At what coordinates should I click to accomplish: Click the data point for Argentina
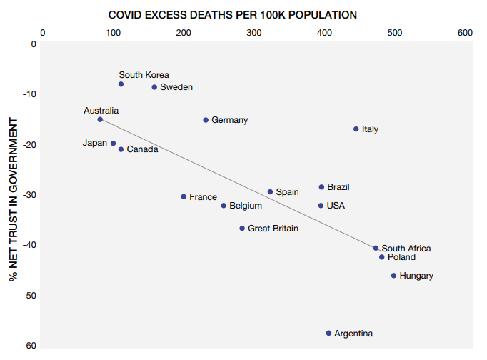click(x=328, y=333)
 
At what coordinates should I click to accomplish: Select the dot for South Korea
click(x=121, y=84)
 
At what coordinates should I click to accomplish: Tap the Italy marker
click(x=356, y=129)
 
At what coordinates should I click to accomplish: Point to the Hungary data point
click(x=393, y=276)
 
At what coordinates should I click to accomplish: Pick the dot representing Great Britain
click(x=242, y=229)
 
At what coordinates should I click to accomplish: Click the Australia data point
click(x=100, y=119)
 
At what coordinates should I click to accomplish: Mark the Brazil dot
click(x=321, y=187)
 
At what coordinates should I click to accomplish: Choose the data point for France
click(x=184, y=196)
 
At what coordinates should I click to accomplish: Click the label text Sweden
click(x=176, y=87)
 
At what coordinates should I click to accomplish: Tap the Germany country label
click(x=229, y=120)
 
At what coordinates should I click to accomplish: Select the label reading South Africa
click(x=406, y=249)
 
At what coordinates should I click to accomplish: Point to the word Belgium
click(x=246, y=206)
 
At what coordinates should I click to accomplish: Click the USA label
click(x=336, y=206)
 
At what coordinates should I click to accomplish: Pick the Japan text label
click(x=94, y=143)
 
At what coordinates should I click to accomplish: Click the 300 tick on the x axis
click(x=253, y=32)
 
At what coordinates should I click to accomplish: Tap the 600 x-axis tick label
click(x=465, y=32)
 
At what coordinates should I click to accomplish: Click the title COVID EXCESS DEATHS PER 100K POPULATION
click(x=233, y=14)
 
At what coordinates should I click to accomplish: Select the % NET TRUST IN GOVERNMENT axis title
click(x=14, y=194)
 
